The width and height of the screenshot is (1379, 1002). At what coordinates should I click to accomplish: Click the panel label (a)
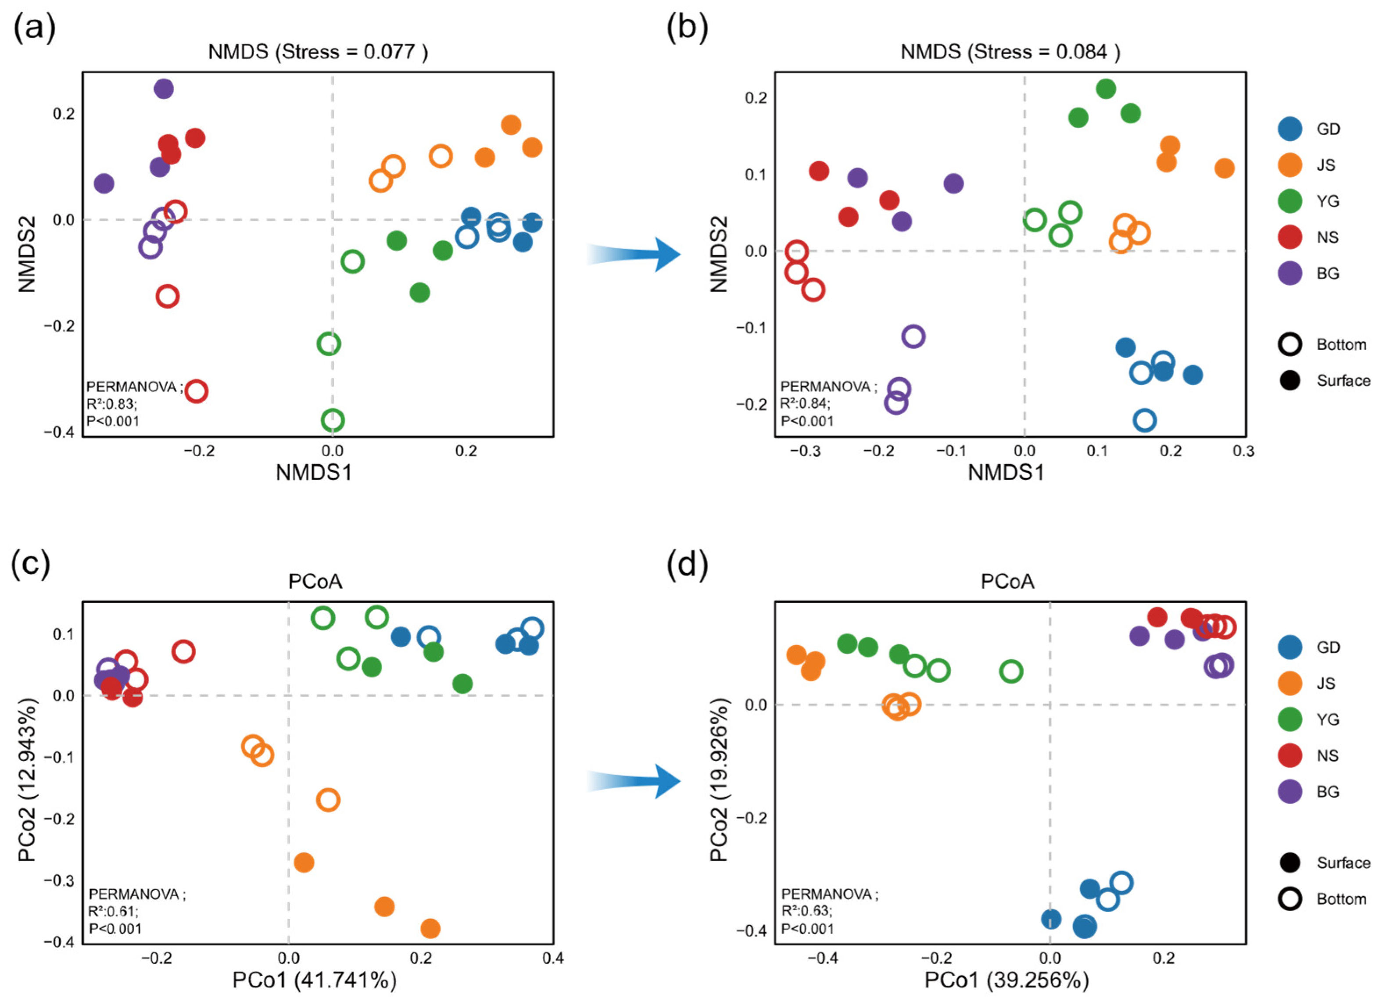click(x=35, y=28)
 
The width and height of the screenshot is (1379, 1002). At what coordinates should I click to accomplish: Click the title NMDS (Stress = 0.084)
click(x=1010, y=52)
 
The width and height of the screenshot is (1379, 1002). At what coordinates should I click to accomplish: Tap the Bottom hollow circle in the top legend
click(x=1289, y=345)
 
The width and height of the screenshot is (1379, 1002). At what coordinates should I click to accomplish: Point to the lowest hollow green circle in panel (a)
click(x=332, y=420)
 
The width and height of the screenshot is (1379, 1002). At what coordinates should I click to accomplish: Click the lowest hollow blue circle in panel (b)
click(x=1144, y=420)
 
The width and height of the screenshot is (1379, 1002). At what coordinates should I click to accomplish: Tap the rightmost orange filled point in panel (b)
click(x=1225, y=168)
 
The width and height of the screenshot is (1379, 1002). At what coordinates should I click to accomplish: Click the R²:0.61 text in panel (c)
click(x=114, y=911)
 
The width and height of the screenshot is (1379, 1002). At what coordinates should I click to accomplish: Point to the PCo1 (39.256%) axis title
click(x=1007, y=981)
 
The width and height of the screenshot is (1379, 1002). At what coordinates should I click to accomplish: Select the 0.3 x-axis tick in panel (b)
click(x=1243, y=451)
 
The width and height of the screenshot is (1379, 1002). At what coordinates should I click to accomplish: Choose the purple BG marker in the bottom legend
click(x=1289, y=791)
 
